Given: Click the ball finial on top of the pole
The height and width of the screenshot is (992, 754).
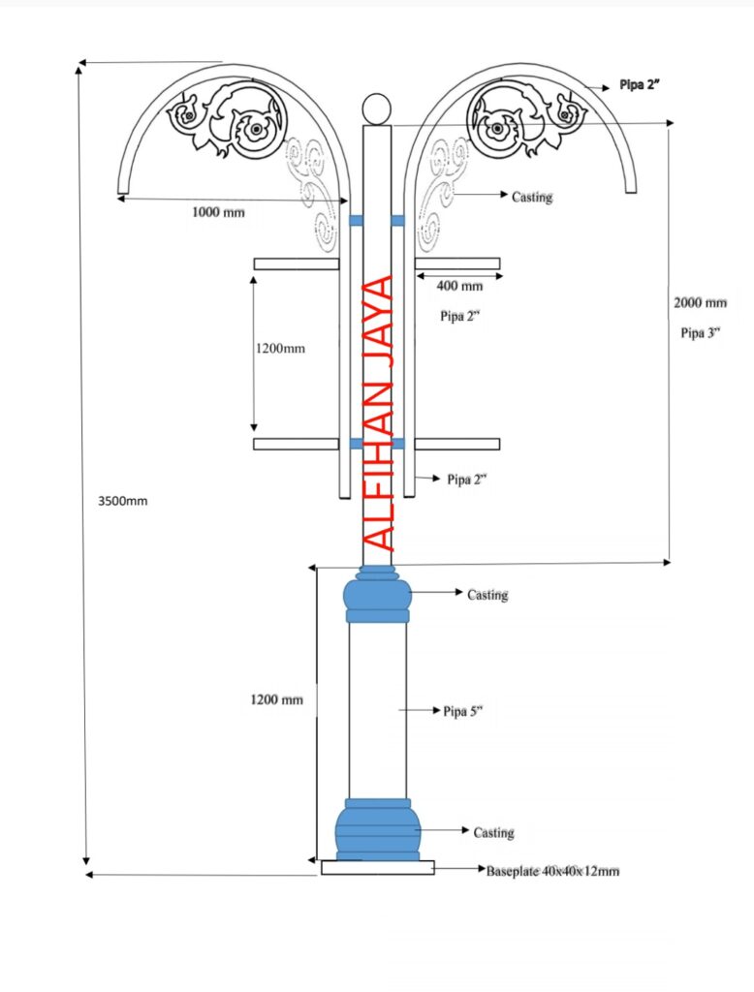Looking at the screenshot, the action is (x=377, y=108).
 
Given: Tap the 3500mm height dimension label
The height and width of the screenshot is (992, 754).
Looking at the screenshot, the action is (x=123, y=501).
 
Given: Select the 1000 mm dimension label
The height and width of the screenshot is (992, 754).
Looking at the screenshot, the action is (x=218, y=212).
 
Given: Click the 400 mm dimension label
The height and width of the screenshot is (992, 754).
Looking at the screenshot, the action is (x=459, y=286).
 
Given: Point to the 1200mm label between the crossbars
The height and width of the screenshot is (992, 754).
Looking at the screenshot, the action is (x=280, y=349).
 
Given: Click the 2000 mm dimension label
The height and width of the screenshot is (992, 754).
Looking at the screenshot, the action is (x=700, y=303).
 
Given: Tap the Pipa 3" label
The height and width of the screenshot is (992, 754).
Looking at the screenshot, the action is (x=701, y=333).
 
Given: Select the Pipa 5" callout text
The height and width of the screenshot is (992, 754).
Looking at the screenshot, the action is (x=463, y=711).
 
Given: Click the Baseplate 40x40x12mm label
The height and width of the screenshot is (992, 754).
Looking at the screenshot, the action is (x=552, y=871).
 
